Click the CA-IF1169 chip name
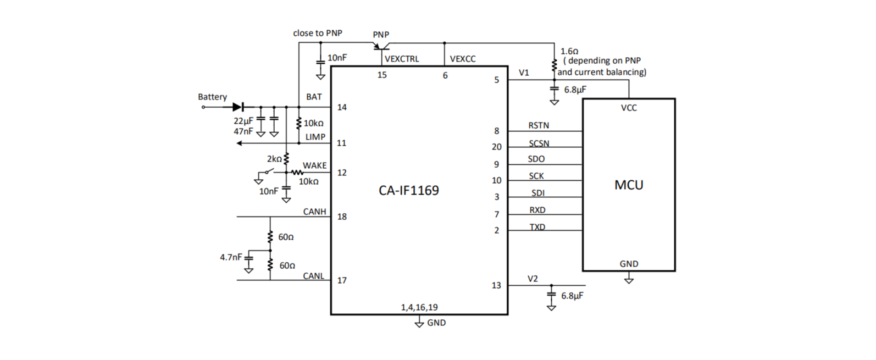click(409, 191)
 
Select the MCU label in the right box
click(629, 185)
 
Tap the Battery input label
click(212, 97)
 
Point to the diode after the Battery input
click(238, 107)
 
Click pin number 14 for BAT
click(342, 107)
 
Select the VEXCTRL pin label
click(402, 59)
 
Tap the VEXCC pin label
click(463, 59)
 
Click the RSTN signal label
click(539, 125)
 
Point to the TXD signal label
click(537, 227)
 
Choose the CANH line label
click(314, 212)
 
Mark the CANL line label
click(313, 276)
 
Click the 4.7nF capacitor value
click(231, 257)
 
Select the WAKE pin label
click(314, 165)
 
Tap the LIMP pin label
click(315, 137)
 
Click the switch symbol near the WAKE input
click(266, 173)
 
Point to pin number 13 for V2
click(496, 285)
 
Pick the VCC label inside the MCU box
click(629, 108)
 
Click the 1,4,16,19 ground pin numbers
click(419, 307)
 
